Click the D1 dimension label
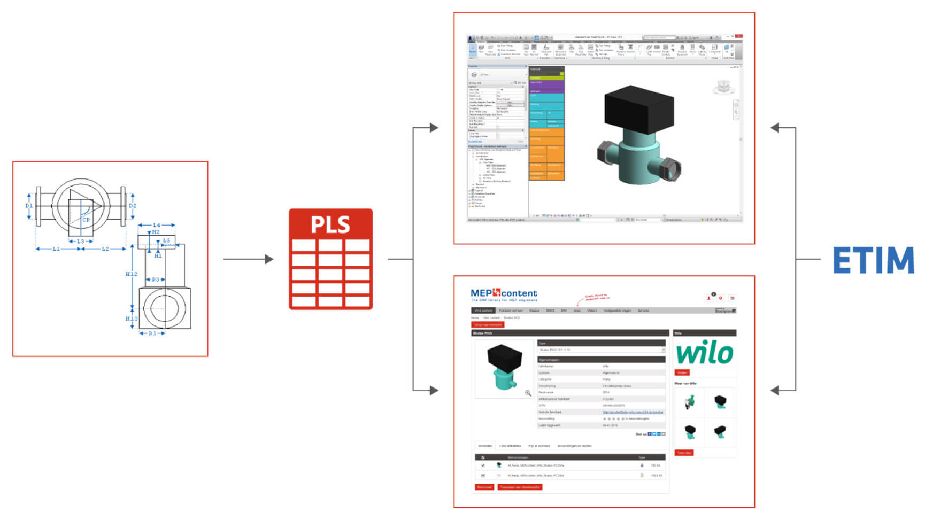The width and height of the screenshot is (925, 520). pyautogui.click(x=29, y=205)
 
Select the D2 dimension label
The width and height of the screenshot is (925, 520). pyautogui.click(x=133, y=205)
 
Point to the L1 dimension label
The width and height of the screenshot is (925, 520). pyautogui.click(x=56, y=249)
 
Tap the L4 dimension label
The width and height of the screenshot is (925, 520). pyautogui.click(x=156, y=225)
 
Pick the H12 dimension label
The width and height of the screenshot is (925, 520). pyautogui.click(x=132, y=274)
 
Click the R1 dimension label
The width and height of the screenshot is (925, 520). pyautogui.click(x=152, y=333)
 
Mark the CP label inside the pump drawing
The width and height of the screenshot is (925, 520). pyautogui.click(x=86, y=219)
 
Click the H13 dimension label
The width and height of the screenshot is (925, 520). pyautogui.click(x=132, y=319)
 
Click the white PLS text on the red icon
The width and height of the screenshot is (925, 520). pyautogui.click(x=330, y=225)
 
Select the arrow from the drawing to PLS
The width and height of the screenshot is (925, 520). pyautogui.click(x=248, y=259)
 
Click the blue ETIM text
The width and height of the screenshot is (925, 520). pyautogui.click(x=873, y=261)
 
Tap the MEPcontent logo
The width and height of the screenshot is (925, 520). pyautogui.click(x=504, y=294)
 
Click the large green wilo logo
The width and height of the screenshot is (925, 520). pyautogui.click(x=705, y=353)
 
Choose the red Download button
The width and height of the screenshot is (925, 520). pyautogui.click(x=484, y=487)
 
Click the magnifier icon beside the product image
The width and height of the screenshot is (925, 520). pyautogui.click(x=528, y=393)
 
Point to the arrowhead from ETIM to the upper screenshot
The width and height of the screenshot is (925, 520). pyautogui.click(x=775, y=128)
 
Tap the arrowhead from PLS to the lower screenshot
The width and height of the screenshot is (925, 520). pyautogui.click(x=434, y=391)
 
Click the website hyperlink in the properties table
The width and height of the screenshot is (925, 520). pyautogui.click(x=633, y=412)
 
